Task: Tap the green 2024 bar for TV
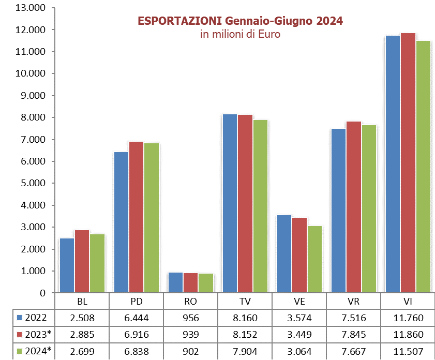[x=260, y=206]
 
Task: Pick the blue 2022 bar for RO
[x=175, y=282]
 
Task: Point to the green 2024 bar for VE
[x=314, y=259]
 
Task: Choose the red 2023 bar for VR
[x=353, y=207]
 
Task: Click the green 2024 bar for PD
[x=151, y=218]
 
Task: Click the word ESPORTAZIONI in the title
[x=179, y=21]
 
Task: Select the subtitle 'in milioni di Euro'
[x=240, y=35]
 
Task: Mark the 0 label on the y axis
[x=42, y=293]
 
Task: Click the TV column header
[x=245, y=302]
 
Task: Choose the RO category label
[x=191, y=302]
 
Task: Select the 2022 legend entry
[x=34, y=318]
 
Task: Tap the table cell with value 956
[x=191, y=318]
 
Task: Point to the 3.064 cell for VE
[x=299, y=351]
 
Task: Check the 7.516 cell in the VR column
[x=353, y=318]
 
